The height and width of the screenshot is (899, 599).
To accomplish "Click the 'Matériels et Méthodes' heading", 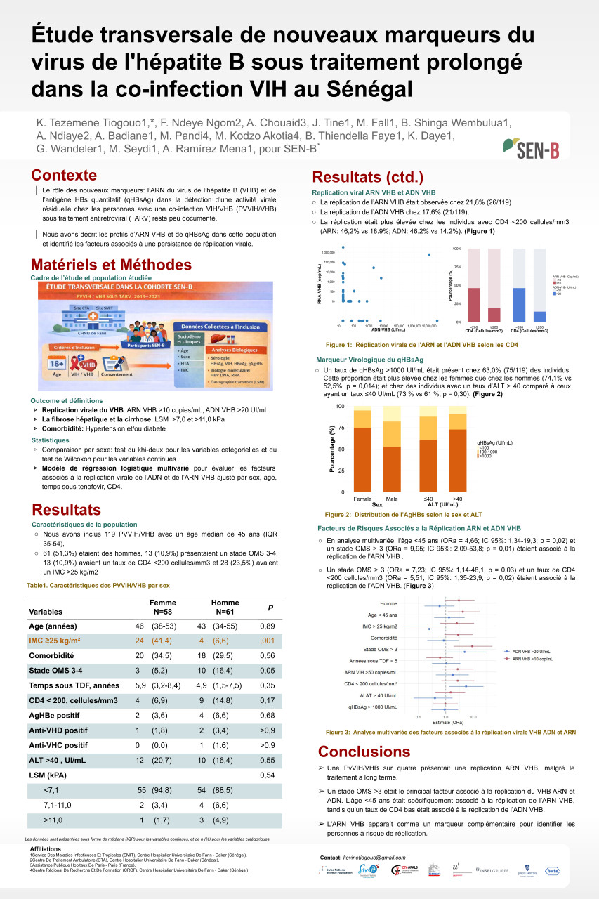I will (x=111, y=265).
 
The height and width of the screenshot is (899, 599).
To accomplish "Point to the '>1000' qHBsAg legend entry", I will (x=486, y=457).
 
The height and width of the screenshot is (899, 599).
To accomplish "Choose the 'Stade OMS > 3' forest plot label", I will (x=379, y=649).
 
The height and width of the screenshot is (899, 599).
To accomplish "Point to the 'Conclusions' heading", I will (x=364, y=752).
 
